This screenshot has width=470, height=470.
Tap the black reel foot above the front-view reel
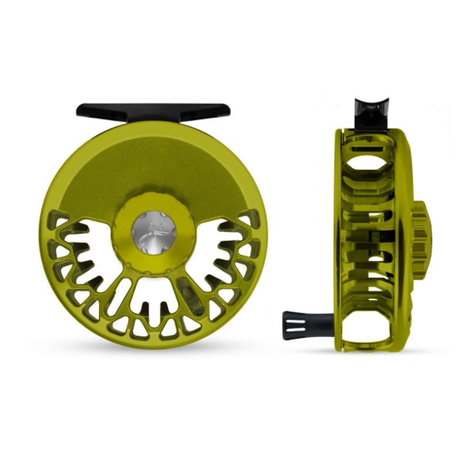153,110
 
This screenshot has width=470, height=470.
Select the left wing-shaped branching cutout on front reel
88,247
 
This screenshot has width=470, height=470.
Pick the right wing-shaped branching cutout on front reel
220,247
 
